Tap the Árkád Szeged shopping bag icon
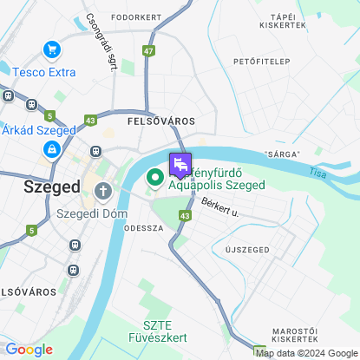(x=52, y=149)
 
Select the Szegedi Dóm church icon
(x=103, y=191)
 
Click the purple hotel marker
(x=180, y=163)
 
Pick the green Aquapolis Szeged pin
(x=155, y=179)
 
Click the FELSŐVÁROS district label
(x=160, y=121)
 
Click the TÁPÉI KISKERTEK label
(x=289, y=21)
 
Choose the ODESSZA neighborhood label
(x=144, y=227)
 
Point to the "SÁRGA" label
(x=283, y=154)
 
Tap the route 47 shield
(x=150, y=51)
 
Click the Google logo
(x=29, y=349)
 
